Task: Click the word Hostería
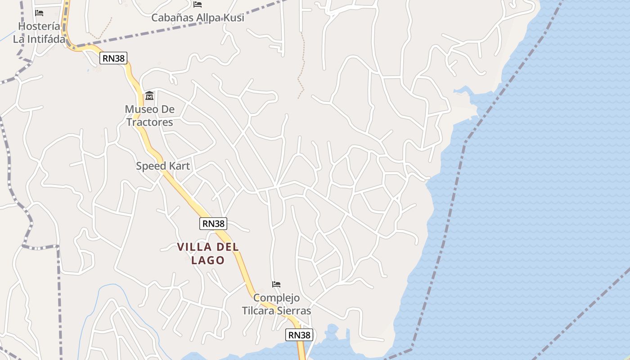[39, 27]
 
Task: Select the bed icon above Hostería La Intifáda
[39, 13]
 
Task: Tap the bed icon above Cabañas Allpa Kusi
[198, 4]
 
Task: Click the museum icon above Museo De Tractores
[149, 96]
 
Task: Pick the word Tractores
[149, 122]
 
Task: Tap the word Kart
[180, 166]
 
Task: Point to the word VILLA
[195, 247]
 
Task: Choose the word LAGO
[208, 260]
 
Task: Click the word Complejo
[276, 298]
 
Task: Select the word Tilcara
[260, 310]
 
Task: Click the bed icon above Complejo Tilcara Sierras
[276, 284]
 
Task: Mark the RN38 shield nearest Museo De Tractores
[113, 58]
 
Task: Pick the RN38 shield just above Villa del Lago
[213, 223]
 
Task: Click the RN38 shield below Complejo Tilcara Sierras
[299, 335]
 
